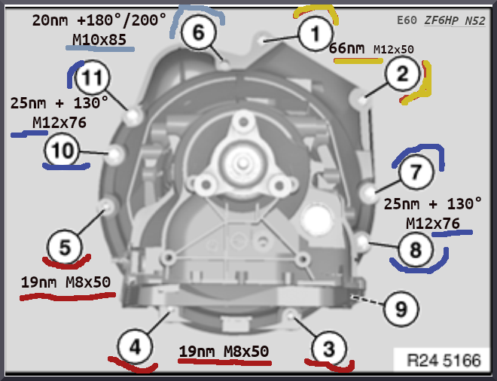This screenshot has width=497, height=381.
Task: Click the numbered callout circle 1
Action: (x=315, y=32)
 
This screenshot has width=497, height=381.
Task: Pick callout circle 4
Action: (x=134, y=349)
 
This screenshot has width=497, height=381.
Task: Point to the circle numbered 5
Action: (x=65, y=246)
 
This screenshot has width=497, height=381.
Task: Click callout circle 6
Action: (x=198, y=32)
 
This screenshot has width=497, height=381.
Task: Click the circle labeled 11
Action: (x=92, y=77)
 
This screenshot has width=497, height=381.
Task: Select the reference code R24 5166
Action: (x=444, y=361)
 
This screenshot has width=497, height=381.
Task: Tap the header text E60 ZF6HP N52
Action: (x=440, y=20)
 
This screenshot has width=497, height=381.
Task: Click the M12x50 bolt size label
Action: (x=394, y=49)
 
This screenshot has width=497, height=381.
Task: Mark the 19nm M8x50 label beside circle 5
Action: (x=66, y=282)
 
